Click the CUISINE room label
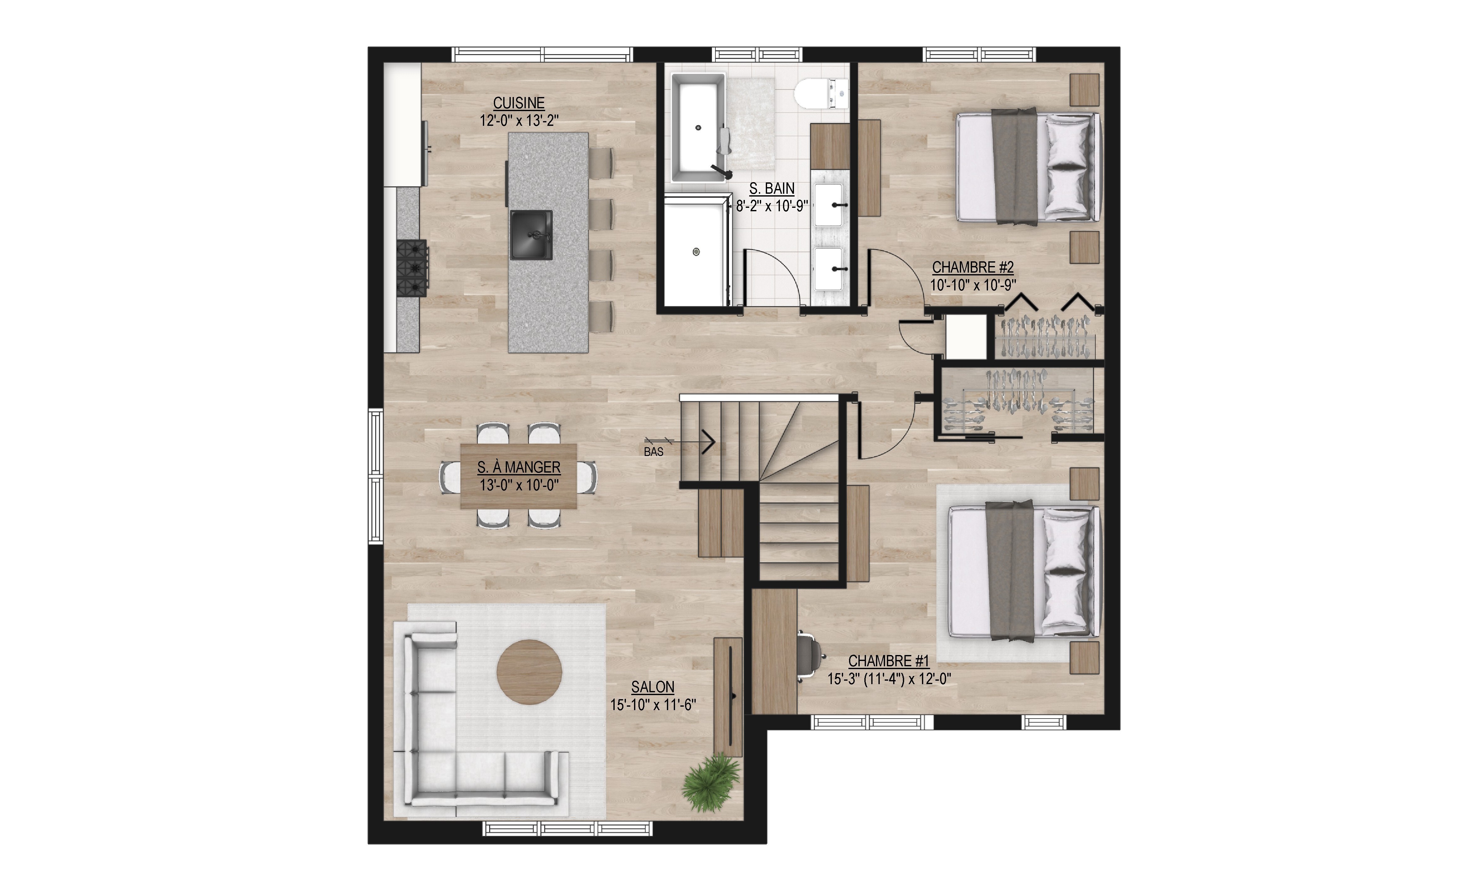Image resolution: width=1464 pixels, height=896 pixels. tap(519, 103)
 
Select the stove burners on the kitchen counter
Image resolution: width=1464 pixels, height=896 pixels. tap(412, 268)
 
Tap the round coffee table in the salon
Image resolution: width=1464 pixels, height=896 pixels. tap(530, 672)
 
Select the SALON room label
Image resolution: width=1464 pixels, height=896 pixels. tap(653, 687)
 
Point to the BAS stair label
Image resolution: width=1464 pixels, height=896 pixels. tap(653, 452)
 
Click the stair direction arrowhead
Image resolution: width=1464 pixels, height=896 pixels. tap(709, 443)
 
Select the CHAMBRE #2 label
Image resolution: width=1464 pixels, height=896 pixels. tap(973, 267)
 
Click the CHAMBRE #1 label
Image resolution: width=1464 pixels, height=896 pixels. tap(888, 661)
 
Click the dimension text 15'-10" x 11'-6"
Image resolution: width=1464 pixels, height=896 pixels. tap(653, 705)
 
